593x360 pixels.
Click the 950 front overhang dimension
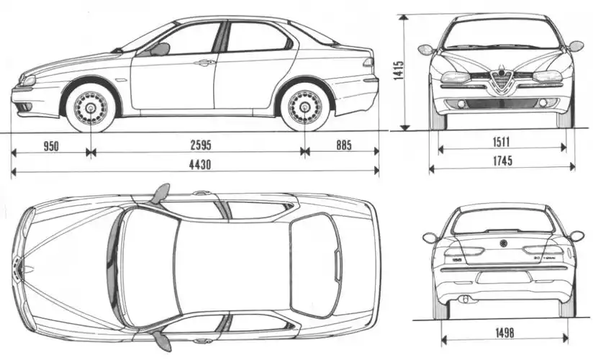click(50, 146)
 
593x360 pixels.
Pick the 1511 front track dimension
click(502, 141)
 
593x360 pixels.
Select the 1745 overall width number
click(502, 161)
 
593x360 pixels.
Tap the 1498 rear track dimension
click(503, 332)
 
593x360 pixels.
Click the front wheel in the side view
click(91, 107)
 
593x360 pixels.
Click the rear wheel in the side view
click(305, 107)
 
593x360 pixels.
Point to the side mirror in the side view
click(160, 49)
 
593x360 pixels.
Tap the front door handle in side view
click(205, 63)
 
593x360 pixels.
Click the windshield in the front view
click(502, 34)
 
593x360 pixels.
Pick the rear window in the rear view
click(503, 221)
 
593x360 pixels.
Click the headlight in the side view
click(27, 80)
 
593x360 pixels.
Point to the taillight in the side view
click(369, 63)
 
